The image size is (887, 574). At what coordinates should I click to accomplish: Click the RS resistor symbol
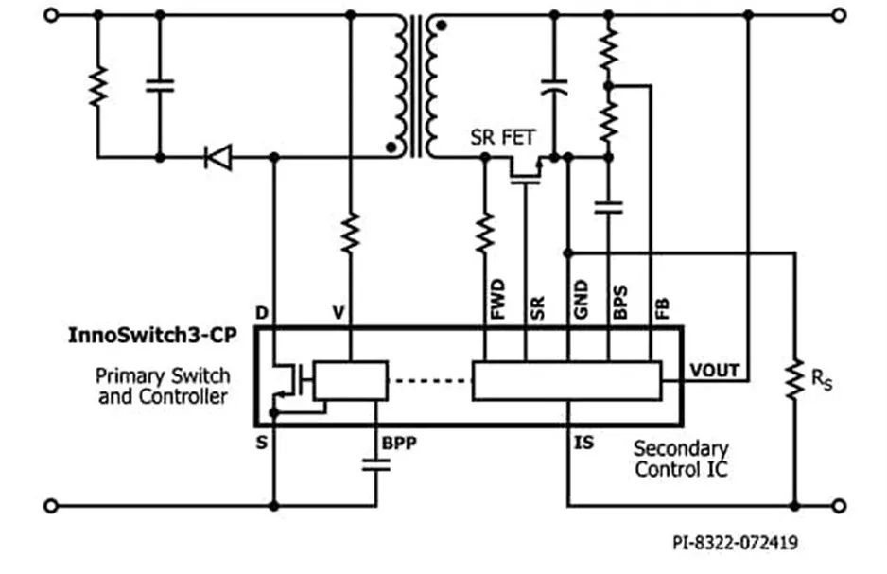[794, 378]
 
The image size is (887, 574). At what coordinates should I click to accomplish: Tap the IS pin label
[584, 442]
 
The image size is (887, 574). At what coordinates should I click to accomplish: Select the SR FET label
[502, 138]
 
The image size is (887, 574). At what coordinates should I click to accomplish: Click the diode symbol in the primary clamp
[218, 157]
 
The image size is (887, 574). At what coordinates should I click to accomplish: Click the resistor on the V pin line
[351, 233]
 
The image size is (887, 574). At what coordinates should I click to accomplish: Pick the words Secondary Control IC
[680, 459]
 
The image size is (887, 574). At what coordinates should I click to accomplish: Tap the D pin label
[261, 313]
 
